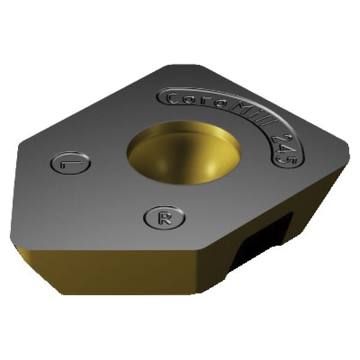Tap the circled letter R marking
(x=164, y=217)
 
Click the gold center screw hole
(x=183, y=153)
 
